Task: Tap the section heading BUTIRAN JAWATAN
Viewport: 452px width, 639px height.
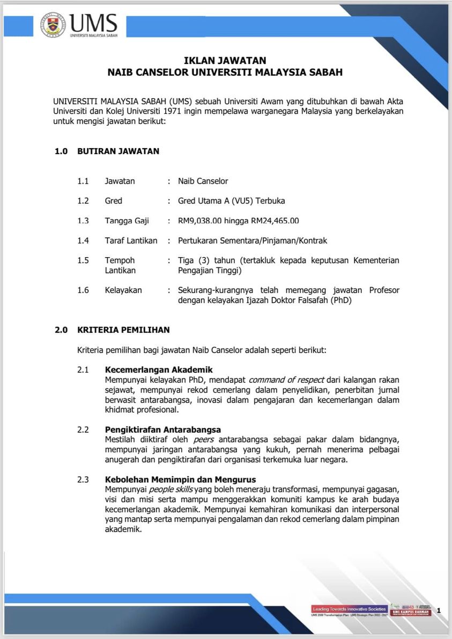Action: pos(118,151)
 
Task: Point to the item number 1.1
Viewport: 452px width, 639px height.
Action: pos(83,181)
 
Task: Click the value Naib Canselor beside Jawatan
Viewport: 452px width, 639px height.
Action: pos(203,181)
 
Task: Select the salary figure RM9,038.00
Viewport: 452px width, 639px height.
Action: pos(200,221)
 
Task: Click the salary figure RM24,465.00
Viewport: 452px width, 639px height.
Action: pos(275,221)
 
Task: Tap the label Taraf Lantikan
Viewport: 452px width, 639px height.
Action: pos(131,241)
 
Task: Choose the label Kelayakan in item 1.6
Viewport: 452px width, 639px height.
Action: pos(123,290)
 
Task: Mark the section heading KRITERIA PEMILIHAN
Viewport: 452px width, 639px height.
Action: pos(123,330)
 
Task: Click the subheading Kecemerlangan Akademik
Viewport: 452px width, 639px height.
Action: pos(159,369)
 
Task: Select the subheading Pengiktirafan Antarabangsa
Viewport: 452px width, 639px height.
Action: pos(163,430)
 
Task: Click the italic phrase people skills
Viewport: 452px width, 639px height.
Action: pos(171,490)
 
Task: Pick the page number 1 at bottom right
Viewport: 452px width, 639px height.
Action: pos(439,610)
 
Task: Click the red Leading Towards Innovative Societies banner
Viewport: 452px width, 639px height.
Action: pos(349,608)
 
